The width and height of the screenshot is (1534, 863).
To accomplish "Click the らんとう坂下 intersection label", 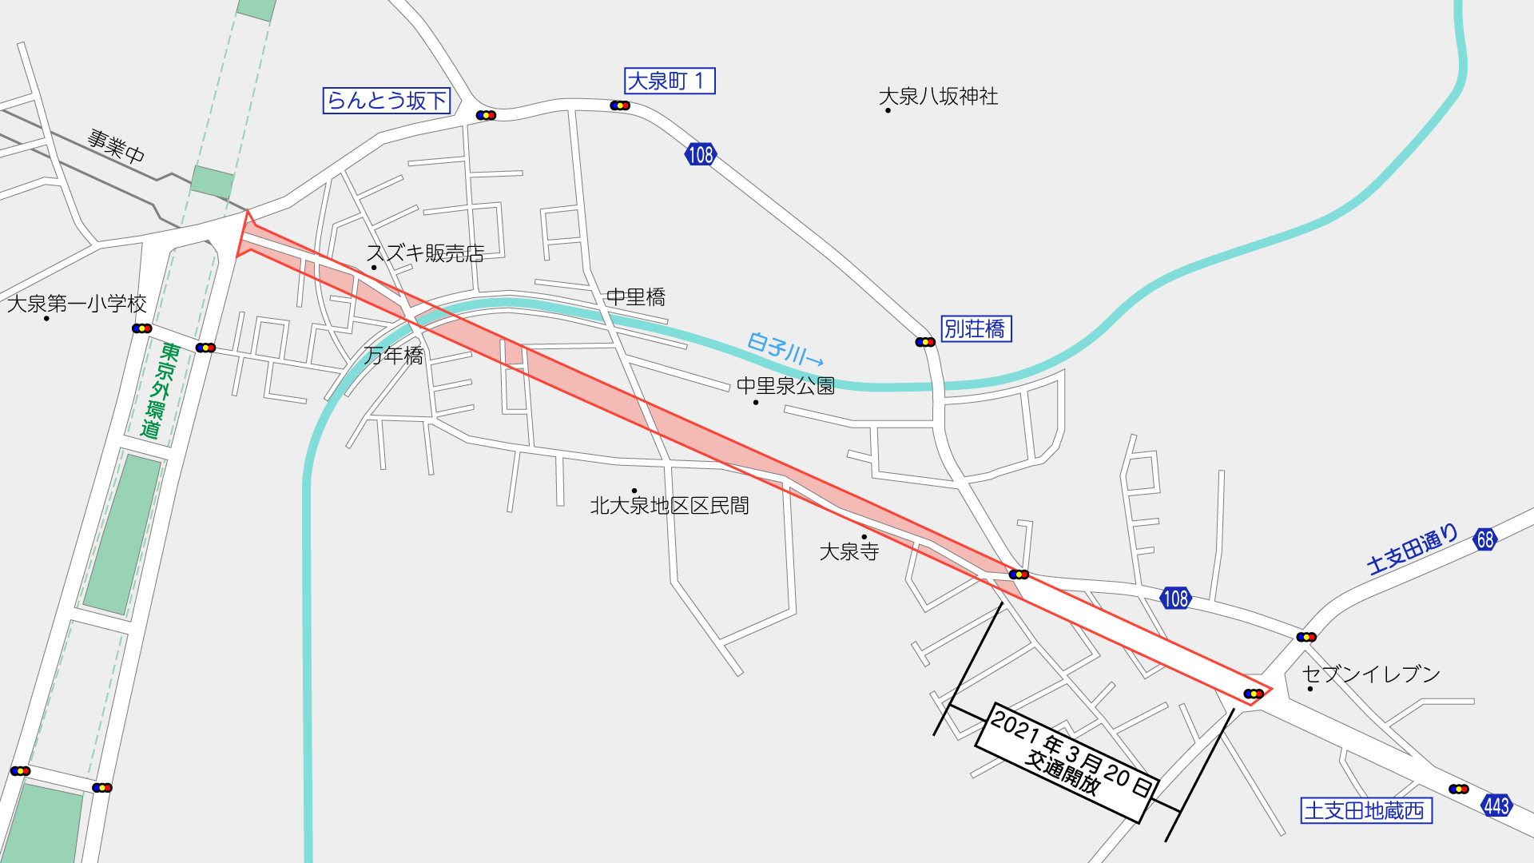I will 387,101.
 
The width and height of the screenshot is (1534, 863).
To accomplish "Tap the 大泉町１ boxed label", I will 669,81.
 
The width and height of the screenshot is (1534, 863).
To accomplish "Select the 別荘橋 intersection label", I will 976,328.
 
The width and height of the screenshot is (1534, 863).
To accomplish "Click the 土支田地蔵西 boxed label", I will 1365,810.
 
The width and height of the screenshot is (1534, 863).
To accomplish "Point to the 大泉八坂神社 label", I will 938,97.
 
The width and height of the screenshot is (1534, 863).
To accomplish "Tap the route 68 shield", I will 1484,539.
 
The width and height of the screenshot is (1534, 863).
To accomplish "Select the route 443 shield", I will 1496,805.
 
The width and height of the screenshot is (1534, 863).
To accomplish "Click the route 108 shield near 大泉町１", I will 700,154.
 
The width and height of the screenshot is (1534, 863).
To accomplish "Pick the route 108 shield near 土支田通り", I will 1175,599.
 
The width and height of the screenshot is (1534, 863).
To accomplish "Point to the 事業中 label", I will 116,145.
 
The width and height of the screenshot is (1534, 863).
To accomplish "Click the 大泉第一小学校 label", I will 77,304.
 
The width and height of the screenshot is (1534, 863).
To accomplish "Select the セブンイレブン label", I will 1371,674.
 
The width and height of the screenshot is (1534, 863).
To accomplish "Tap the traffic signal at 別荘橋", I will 925,342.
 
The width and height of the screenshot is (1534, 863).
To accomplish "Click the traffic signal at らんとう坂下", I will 486,115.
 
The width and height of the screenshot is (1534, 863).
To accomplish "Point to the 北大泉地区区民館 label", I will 670,506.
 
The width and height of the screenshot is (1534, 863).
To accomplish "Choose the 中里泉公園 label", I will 785,386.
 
